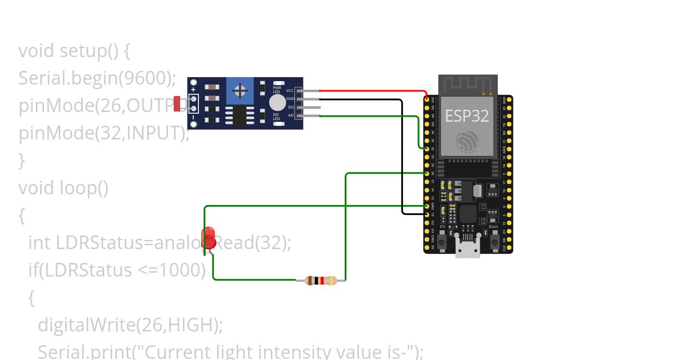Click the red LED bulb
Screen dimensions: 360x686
click(209, 235)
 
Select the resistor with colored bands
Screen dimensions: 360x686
click(321, 280)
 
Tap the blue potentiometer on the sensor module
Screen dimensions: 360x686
click(240, 90)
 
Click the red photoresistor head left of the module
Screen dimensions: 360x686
click(177, 103)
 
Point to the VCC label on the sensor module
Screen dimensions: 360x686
click(290, 91)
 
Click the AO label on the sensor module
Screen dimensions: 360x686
click(290, 115)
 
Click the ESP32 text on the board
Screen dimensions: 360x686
click(467, 116)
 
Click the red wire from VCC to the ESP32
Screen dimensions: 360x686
click(372, 90)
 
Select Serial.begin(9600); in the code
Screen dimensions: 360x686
click(97, 78)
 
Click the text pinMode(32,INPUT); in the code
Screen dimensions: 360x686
click(103, 133)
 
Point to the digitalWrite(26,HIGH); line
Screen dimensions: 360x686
click(130, 325)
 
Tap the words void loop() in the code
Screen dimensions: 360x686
click(63, 187)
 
